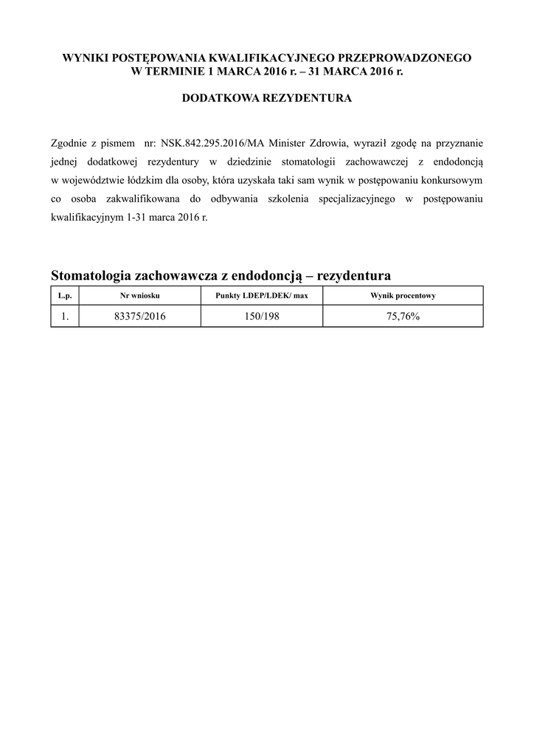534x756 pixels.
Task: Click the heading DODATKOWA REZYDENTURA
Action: coord(267,97)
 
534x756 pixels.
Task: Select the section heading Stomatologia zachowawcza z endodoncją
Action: coord(177,275)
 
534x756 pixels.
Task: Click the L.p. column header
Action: coord(64,295)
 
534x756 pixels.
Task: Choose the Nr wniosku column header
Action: coord(139,295)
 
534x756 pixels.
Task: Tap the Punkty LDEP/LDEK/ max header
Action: coord(261,295)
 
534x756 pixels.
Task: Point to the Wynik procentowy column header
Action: coord(403,295)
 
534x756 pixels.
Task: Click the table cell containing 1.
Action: coord(64,316)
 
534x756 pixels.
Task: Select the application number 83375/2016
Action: coord(139,316)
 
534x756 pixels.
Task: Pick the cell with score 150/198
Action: coord(261,316)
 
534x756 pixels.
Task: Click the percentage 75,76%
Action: coord(403,316)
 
